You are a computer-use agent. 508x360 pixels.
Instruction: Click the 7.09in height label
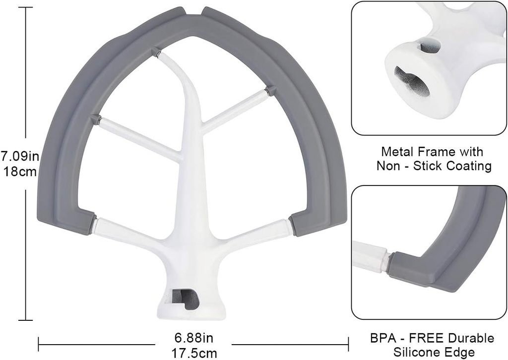[20, 156]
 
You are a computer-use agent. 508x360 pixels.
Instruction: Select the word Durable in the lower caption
[472, 338]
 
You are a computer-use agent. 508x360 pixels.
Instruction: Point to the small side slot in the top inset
[430, 46]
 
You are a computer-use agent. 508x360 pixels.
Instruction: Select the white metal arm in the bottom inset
[370, 256]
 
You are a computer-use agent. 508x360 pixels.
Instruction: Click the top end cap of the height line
[25, 7]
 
